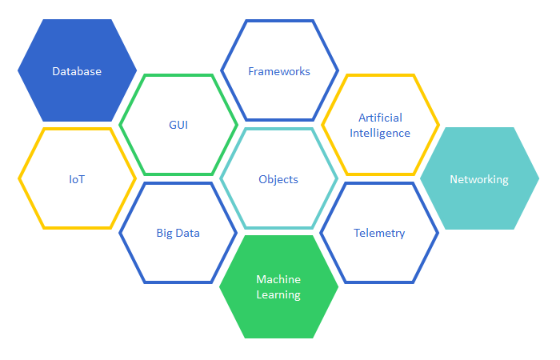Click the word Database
point(77,71)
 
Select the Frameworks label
point(279,71)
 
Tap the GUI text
point(178,126)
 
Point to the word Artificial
point(380,118)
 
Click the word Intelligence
point(380,133)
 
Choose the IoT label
point(77,179)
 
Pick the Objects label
point(278,179)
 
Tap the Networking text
point(479,179)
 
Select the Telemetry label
point(379,234)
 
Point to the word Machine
point(278,279)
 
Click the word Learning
point(278,294)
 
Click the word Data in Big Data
point(189,234)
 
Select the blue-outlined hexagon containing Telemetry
point(379,260)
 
